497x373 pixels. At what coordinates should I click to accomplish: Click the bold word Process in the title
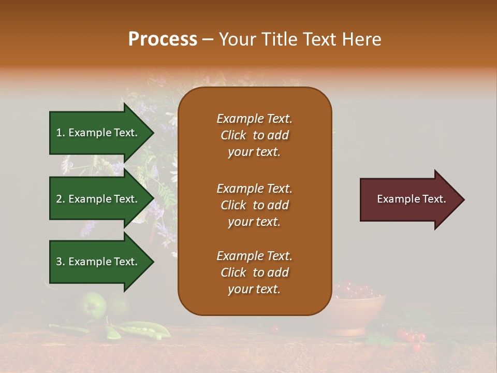[x=163, y=39]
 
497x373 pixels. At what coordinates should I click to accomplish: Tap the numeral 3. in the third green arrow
[x=60, y=262]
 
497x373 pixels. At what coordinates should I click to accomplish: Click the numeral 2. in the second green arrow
[x=60, y=199]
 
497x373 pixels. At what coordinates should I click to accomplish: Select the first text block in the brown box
[x=254, y=135]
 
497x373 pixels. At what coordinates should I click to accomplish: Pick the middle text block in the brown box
[x=254, y=205]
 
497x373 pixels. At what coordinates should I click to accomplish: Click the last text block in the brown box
[x=254, y=272]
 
